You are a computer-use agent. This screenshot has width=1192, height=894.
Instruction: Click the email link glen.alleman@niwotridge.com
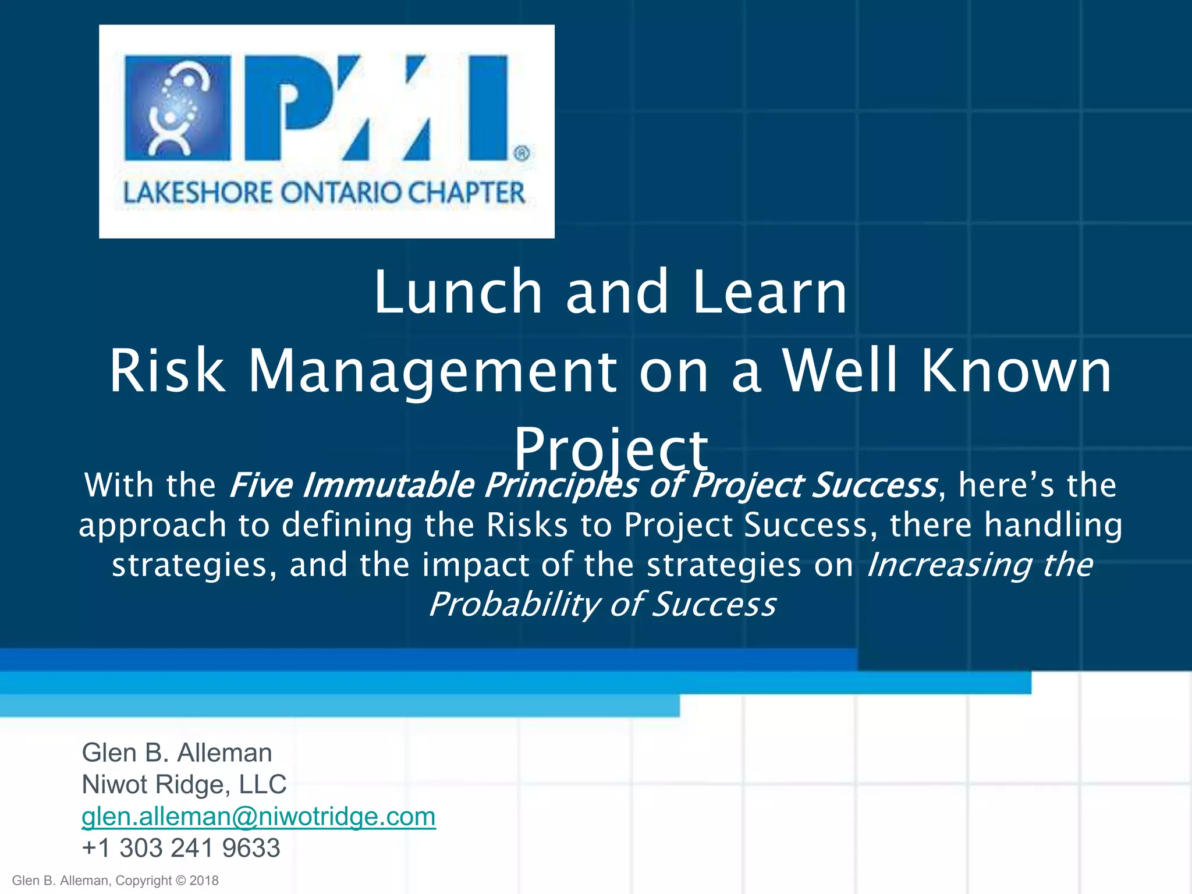click(258, 817)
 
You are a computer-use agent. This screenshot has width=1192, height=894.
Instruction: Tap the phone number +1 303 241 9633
click(181, 848)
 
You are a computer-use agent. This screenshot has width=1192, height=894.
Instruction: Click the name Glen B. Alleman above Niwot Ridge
click(176, 753)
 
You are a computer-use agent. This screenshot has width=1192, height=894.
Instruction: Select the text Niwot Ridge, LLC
click(184, 785)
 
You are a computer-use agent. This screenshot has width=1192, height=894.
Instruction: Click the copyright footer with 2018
click(115, 881)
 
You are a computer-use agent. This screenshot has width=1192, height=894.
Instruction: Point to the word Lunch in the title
click(458, 292)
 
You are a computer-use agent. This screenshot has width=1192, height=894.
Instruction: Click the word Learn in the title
click(769, 292)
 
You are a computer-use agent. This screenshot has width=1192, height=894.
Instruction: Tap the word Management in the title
click(432, 371)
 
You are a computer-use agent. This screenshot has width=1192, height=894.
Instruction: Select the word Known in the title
click(1016, 371)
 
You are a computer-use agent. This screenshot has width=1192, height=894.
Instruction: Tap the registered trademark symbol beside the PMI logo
click(521, 154)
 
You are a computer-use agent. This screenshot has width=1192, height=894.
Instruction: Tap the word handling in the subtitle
click(1052, 525)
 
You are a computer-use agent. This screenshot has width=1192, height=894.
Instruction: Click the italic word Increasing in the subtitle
click(949, 565)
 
